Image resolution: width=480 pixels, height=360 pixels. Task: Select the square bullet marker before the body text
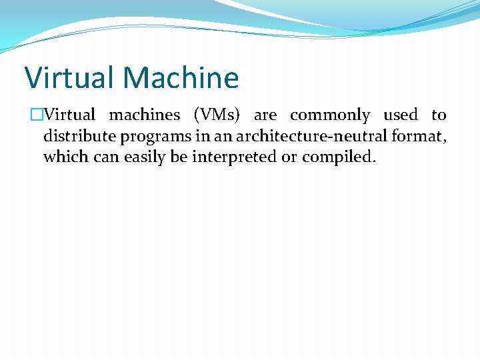pos(37,115)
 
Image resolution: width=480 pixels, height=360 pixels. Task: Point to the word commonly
pos(330,115)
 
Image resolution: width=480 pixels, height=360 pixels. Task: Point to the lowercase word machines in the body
pos(145,115)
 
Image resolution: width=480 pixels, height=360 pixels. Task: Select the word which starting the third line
pos(63,157)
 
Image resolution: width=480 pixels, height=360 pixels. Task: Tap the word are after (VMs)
pos(265,115)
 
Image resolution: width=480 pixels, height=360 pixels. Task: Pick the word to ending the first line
pos(439,115)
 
